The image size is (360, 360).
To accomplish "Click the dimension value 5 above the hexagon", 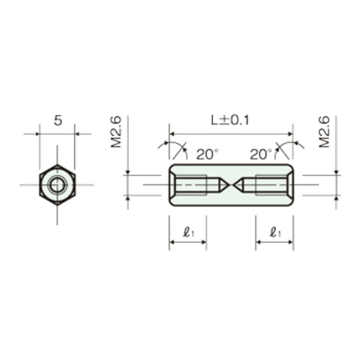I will click(58, 121).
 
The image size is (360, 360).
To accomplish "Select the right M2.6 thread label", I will click(324, 132).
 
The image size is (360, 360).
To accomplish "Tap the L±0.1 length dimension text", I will click(230, 120).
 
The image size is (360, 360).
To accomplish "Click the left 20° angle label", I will click(207, 154).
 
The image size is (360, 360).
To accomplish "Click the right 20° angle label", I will click(261, 154).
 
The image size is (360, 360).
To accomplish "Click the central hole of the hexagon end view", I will click(57, 185).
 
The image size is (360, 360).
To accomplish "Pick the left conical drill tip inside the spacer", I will click(222, 185).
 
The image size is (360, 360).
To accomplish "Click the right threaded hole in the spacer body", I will click(272, 185).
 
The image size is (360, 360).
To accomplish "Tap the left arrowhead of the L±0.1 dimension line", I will click(172, 134).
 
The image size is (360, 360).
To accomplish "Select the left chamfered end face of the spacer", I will click(172, 185).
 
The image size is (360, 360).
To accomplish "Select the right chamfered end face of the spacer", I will click(290, 185).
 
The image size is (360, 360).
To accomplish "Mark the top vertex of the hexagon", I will click(57, 165).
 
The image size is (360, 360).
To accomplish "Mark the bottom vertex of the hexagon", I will click(57, 205).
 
